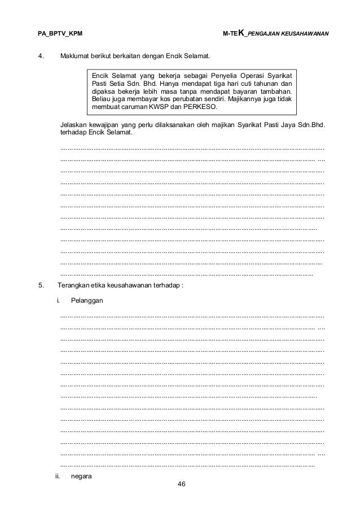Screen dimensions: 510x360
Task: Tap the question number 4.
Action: click(x=40, y=57)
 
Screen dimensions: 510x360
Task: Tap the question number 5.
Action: click(x=40, y=285)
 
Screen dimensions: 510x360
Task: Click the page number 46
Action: click(x=181, y=484)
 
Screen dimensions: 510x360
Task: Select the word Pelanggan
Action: click(x=87, y=300)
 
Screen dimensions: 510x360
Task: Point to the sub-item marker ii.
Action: click(x=58, y=476)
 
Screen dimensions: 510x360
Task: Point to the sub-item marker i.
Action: click(x=58, y=300)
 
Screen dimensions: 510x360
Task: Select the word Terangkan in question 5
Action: click(x=76, y=285)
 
